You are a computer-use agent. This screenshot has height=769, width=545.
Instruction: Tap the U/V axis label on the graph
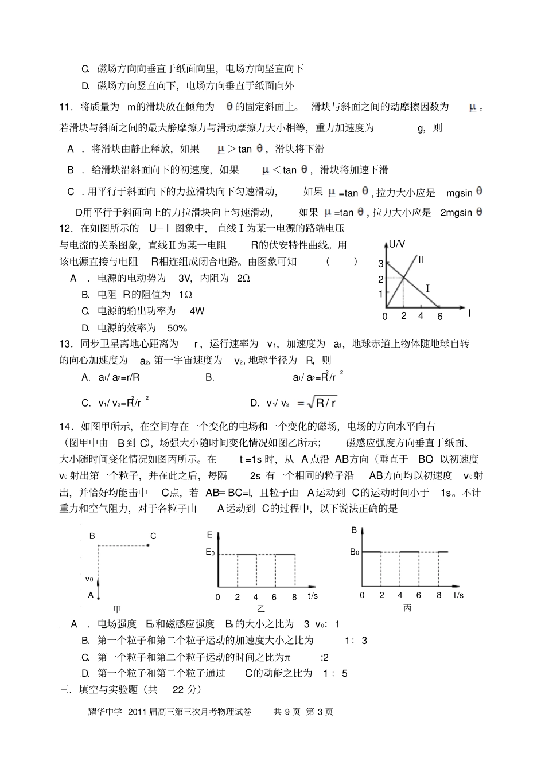(x=397, y=244)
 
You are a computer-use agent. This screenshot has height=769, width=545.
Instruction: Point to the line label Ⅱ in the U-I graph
(x=421, y=260)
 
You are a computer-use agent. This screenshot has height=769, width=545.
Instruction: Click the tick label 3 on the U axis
(x=380, y=264)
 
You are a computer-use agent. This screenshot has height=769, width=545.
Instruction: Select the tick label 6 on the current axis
(x=440, y=317)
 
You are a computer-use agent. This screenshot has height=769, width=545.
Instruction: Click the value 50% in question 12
(x=177, y=328)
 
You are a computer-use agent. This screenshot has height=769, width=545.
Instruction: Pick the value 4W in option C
(x=197, y=311)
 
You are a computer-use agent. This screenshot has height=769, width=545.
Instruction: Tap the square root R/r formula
(x=322, y=403)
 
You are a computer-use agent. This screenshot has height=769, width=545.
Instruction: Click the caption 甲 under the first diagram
(x=117, y=609)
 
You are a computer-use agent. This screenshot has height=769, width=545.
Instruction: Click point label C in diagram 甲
(x=153, y=536)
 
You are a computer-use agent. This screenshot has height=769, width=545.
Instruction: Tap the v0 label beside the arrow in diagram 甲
(x=89, y=579)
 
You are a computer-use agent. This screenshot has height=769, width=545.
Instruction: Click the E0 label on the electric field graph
(x=211, y=553)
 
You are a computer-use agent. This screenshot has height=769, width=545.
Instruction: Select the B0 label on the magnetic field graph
(x=355, y=552)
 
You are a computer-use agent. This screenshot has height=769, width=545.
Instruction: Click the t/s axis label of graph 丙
(x=458, y=595)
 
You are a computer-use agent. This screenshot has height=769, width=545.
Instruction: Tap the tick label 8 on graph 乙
(x=294, y=597)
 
